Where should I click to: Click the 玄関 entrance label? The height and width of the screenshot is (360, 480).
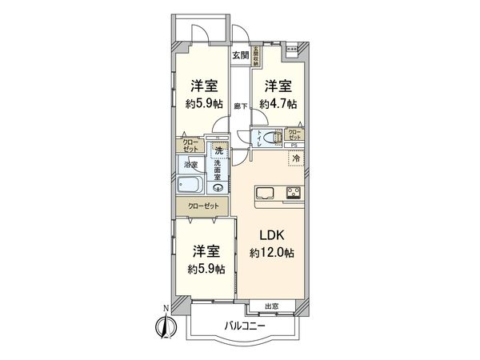240,55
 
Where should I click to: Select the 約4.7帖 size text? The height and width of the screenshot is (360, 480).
277,104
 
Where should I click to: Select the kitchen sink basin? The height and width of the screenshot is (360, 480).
266,192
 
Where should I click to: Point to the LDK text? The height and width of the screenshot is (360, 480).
270,238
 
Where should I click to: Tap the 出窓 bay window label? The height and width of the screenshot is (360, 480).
272,306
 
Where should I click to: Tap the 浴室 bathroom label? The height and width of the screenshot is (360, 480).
190,165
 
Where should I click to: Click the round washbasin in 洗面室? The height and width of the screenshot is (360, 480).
218,189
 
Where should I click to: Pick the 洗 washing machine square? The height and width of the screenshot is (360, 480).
218,150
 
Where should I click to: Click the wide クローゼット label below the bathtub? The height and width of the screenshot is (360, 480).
203,206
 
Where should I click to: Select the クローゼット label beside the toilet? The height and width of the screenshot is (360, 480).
294,135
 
